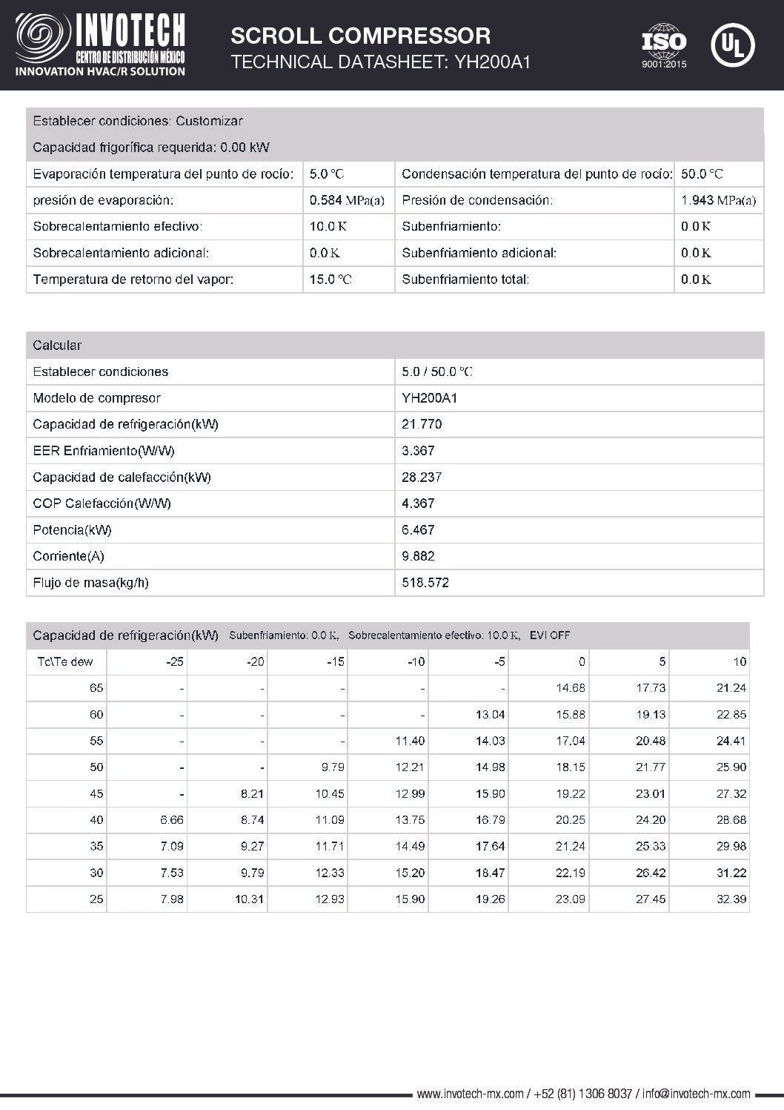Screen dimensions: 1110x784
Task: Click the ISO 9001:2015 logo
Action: (664, 45)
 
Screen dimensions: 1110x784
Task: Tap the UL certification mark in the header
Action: (732, 44)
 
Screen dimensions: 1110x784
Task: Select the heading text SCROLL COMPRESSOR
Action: (361, 36)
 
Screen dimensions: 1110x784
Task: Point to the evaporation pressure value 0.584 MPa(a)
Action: (346, 200)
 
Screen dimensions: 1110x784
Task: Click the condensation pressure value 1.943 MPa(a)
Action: (718, 200)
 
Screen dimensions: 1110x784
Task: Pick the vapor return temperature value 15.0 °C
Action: (330, 280)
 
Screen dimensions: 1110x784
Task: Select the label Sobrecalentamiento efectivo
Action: (118, 227)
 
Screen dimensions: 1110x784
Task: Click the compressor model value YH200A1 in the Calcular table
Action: (429, 398)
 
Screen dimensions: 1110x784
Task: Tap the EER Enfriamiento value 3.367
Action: (418, 451)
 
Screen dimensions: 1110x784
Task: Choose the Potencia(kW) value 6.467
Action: (418, 530)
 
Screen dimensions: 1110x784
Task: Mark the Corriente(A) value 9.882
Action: (418, 556)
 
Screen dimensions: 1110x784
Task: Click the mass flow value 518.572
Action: (425, 583)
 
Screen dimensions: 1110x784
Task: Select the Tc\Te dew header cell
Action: (65, 662)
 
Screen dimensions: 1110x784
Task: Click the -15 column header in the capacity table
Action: (336, 662)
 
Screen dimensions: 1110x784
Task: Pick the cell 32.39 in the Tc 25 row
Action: (731, 899)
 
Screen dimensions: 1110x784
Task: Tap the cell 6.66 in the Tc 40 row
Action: (171, 820)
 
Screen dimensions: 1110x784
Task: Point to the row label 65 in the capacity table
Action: (96, 688)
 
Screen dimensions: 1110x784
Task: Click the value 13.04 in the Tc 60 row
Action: (490, 715)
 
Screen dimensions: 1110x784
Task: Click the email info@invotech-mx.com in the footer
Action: (696, 1094)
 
